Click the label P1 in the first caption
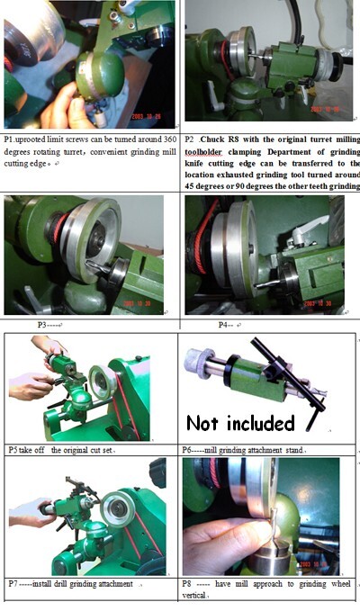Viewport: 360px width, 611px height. tap(10, 141)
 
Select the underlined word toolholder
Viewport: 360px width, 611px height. tap(211, 152)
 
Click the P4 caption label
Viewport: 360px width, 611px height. tap(224, 324)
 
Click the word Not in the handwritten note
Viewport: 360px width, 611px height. tap(211, 422)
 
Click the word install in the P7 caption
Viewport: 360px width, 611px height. tap(49, 584)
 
